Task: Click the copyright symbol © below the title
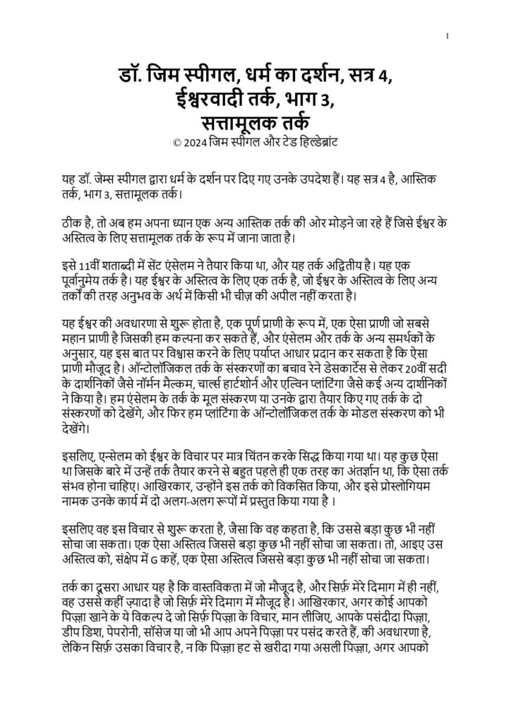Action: [176, 141]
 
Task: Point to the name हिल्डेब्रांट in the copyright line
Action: [316, 141]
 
